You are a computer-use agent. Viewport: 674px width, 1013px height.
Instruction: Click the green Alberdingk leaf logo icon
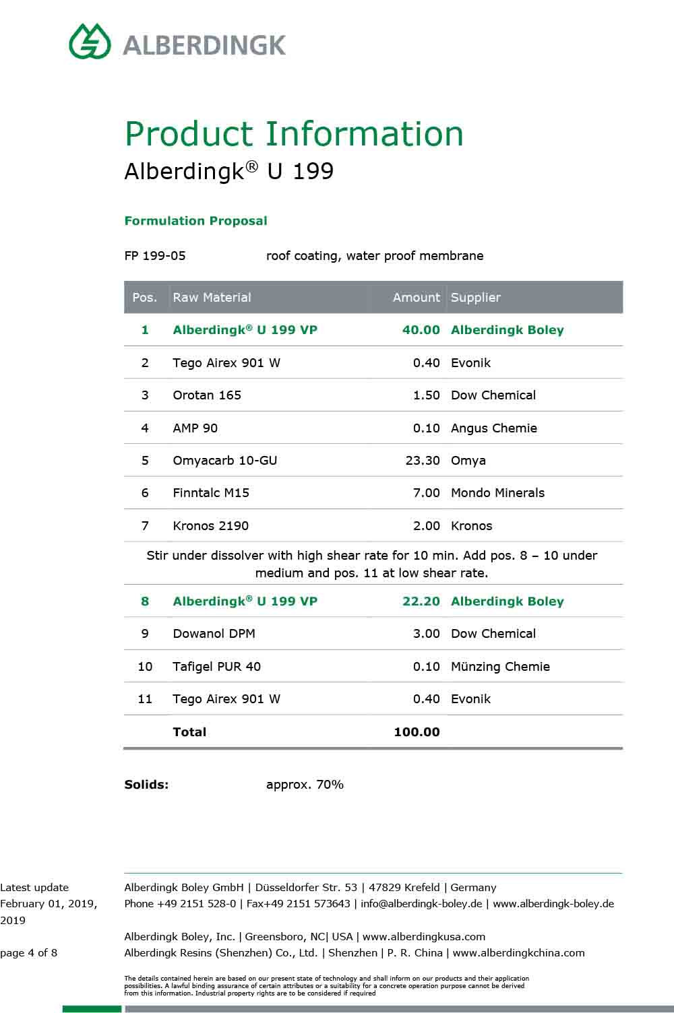tap(90, 42)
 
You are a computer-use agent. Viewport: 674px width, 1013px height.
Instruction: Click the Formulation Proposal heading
tap(195, 221)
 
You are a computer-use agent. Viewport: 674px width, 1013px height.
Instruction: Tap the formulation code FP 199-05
tap(155, 256)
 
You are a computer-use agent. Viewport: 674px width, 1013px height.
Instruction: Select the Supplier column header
tap(475, 297)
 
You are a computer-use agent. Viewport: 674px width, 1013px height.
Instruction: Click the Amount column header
tap(416, 297)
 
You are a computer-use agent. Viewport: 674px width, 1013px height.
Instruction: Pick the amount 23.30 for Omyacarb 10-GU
tap(423, 461)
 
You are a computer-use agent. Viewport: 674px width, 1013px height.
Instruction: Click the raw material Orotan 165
tap(207, 395)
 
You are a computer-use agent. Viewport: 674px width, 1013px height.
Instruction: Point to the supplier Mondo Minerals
tap(497, 493)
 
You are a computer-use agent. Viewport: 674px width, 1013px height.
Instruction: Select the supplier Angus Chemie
tap(493, 428)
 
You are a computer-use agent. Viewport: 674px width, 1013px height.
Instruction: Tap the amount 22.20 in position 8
tap(421, 601)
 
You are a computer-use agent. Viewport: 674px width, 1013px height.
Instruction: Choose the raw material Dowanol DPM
tap(214, 634)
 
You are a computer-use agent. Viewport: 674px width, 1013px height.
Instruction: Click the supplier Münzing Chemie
tap(500, 667)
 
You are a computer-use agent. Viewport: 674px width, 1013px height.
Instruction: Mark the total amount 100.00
tap(417, 732)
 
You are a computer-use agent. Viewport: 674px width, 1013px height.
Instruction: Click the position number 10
tap(145, 667)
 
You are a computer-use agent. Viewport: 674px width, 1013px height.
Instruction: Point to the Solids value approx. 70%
tap(305, 785)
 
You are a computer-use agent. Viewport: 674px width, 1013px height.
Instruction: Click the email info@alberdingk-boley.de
tap(421, 904)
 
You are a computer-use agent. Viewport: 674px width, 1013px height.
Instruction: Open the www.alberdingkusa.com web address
tap(424, 937)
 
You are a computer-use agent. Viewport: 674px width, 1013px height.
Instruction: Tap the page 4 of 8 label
tap(29, 953)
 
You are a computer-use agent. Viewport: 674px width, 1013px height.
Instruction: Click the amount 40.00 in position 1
tap(421, 330)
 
